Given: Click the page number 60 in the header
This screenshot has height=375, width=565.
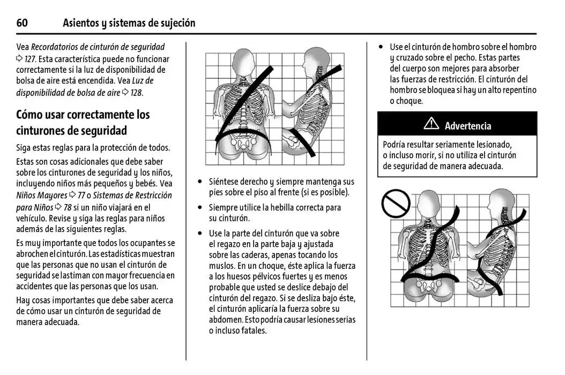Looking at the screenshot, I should (22, 23).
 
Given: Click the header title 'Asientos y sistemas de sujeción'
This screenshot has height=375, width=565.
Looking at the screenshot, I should (129, 23).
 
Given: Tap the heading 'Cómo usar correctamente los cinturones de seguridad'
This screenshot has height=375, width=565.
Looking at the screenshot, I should (83, 122).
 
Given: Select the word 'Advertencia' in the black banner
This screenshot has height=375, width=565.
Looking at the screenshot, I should (467, 126).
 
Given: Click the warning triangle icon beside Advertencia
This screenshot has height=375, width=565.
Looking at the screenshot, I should (431, 125).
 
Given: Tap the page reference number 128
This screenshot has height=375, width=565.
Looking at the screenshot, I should (137, 93).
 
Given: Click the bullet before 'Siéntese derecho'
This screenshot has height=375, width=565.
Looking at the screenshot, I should (200, 182).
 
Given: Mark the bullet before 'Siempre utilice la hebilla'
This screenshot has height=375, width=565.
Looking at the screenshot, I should (200, 207).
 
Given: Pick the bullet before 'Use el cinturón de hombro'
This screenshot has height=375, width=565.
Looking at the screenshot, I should (381, 47).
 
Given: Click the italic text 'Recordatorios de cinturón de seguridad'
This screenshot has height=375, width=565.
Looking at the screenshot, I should (98, 47).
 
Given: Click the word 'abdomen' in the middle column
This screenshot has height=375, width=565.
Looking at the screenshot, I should (225, 320).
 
